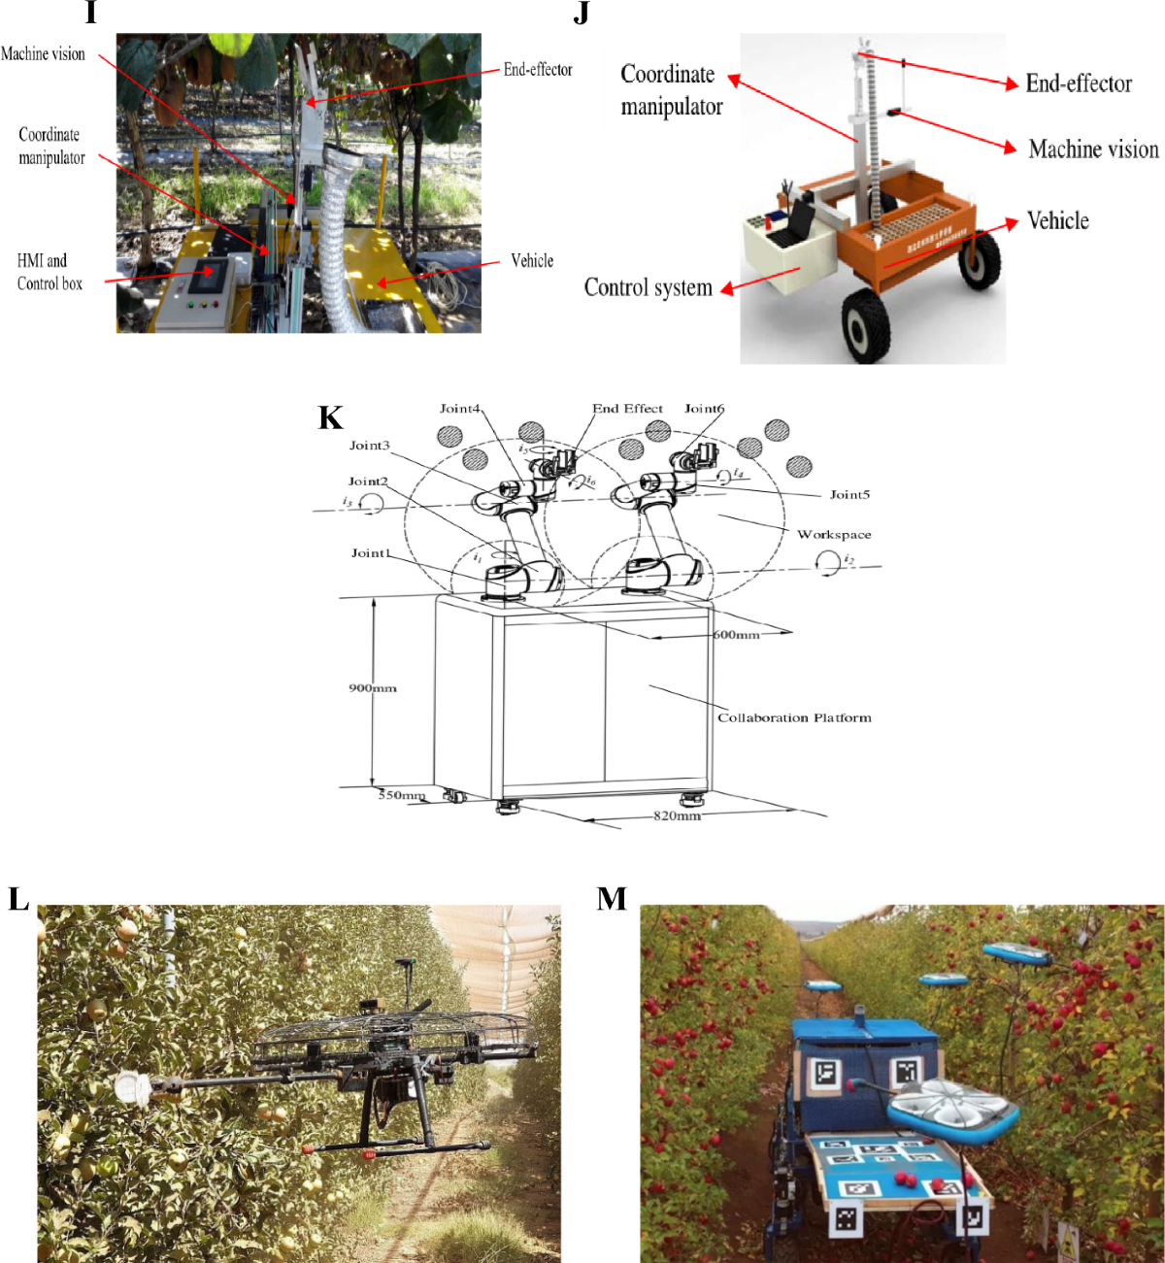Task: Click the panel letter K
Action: [330, 417]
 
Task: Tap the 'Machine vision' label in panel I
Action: [43, 54]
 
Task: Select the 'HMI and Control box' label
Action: [49, 272]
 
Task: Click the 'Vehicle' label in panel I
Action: [532, 260]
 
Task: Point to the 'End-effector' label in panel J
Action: [1079, 83]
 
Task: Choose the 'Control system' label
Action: [648, 287]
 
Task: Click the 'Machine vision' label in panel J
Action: [1093, 149]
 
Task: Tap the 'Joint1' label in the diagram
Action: [371, 552]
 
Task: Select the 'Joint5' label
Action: [849, 494]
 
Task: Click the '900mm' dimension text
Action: [373, 688]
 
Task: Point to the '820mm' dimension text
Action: [677, 815]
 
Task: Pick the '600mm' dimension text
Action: [736, 635]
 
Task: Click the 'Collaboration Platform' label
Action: [794, 717]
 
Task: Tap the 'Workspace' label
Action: [834, 534]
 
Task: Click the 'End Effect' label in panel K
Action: [627, 409]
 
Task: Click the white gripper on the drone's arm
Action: [131, 1088]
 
